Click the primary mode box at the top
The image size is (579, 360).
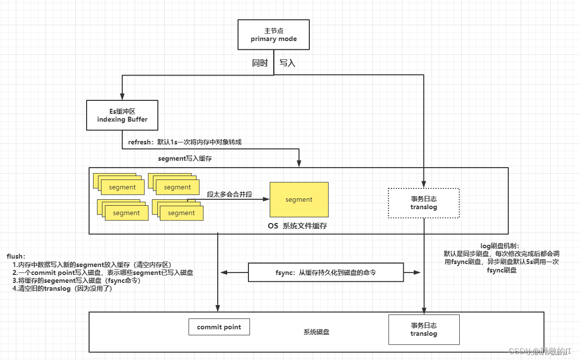pyautogui.click(x=274, y=35)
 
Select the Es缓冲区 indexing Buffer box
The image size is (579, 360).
pyautogui.click(x=122, y=115)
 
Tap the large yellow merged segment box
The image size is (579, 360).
pyautogui.click(x=299, y=200)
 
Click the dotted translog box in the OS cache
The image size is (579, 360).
pyautogui.click(x=424, y=203)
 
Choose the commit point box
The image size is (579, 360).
pyautogui.click(x=219, y=327)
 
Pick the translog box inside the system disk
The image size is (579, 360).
pyautogui.click(x=424, y=329)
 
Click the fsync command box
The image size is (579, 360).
pyautogui.click(x=325, y=272)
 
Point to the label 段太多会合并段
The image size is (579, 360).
pyautogui.click(x=230, y=194)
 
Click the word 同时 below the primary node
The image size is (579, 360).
pyautogui.click(x=260, y=63)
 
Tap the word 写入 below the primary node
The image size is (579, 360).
pyautogui.click(x=288, y=63)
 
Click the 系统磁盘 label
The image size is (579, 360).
pyautogui.click(x=317, y=332)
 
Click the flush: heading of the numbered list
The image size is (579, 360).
pyautogui.click(x=16, y=256)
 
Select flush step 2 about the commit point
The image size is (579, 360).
pyautogui.click(x=102, y=272)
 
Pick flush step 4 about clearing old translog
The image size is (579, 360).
pyautogui.click(x=65, y=289)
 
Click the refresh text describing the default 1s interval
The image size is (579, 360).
pyautogui.click(x=185, y=142)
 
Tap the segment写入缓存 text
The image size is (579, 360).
pyautogui.click(x=185, y=159)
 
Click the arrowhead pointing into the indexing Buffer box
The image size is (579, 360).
pyautogui.click(x=122, y=97)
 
